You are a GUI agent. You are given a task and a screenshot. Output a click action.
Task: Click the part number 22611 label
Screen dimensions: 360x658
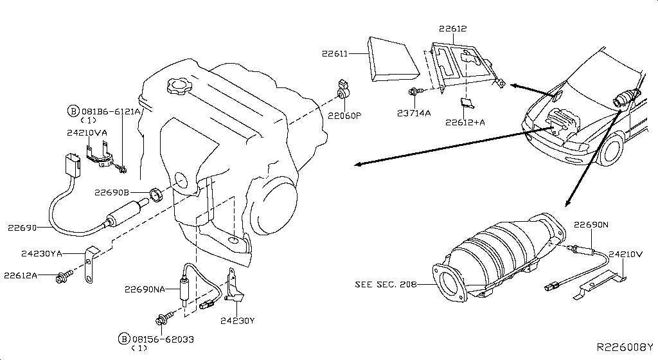(x=334, y=55)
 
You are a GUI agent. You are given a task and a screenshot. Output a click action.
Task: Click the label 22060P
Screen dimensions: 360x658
(x=345, y=116)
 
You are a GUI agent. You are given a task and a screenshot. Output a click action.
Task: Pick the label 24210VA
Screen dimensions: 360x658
(x=87, y=132)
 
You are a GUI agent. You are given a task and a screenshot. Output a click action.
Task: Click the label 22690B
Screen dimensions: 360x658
(x=112, y=192)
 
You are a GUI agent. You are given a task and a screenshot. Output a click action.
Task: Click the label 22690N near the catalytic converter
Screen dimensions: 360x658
(x=591, y=225)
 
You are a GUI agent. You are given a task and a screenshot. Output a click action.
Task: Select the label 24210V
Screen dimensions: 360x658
(x=626, y=254)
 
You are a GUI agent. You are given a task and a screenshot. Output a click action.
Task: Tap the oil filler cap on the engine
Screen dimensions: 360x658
(x=177, y=85)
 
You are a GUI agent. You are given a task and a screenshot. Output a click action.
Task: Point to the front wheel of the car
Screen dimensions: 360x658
(x=610, y=148)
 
